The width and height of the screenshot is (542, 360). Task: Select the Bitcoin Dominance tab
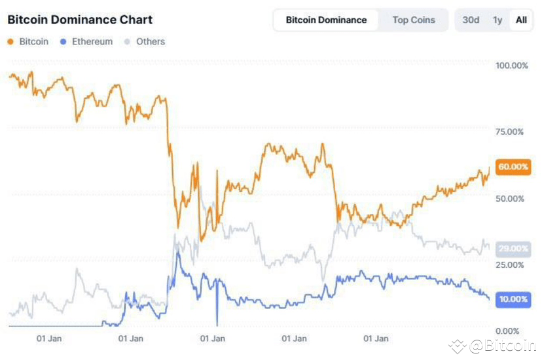tap(326, 20)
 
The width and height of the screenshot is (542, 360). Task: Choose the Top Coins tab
tap(413, 20)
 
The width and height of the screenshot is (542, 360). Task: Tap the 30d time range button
tap(471, 20)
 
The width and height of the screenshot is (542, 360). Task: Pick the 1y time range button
tap(497, 20)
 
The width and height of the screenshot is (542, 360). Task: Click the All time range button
tap(521, 20)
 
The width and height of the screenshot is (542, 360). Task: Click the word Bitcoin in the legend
tap(33, 41)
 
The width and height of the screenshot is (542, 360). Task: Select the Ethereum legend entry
tap(92, 41)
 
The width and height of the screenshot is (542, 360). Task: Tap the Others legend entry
tap(151, 41)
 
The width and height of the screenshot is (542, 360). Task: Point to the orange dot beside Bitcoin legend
tap(10, 42)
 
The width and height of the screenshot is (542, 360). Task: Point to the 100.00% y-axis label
tap(511, 65)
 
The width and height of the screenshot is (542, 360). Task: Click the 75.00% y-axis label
tap(511, 132)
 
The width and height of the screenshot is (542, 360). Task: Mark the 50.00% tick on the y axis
tap(511, 198)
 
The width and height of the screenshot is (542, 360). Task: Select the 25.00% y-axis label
tap(511, 264)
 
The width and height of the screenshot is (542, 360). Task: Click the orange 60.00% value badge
tap(513, 167)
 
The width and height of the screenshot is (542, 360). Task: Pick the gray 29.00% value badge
tap(513, 249)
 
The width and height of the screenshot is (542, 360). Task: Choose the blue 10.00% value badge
tap(513, 299)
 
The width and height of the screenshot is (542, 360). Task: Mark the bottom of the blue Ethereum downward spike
tap(217, 324)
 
